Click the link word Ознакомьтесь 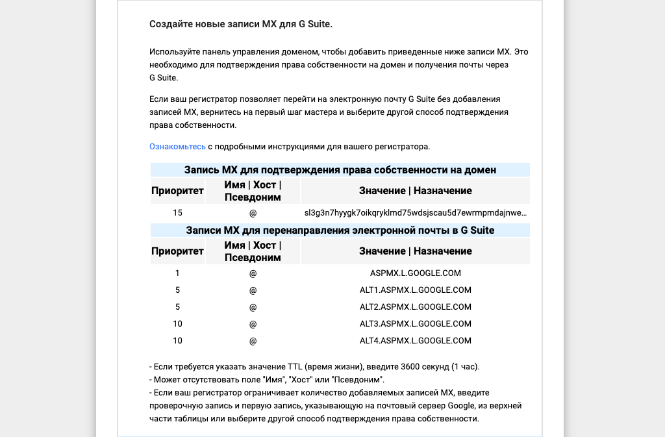coord(177,147)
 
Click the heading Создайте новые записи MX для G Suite coord(240,25)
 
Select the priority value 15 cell coord(177,213)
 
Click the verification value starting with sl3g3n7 coord(415,213)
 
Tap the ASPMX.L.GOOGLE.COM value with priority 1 coord(415,273)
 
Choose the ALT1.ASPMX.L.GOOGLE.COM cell coord(415,290)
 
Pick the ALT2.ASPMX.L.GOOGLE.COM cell coord(415,307)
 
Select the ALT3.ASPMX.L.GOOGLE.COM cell coord(415,324)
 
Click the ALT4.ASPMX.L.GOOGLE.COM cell coord(415,341)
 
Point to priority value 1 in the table coord(177,273)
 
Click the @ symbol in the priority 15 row coord(253,213)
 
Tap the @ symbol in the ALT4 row coord(253,341)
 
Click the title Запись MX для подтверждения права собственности coord(340,170)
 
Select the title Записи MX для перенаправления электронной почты coord(340,231)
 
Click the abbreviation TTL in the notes coord(293,367)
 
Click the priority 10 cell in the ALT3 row coord(177,324)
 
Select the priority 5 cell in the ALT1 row coord(177,290)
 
